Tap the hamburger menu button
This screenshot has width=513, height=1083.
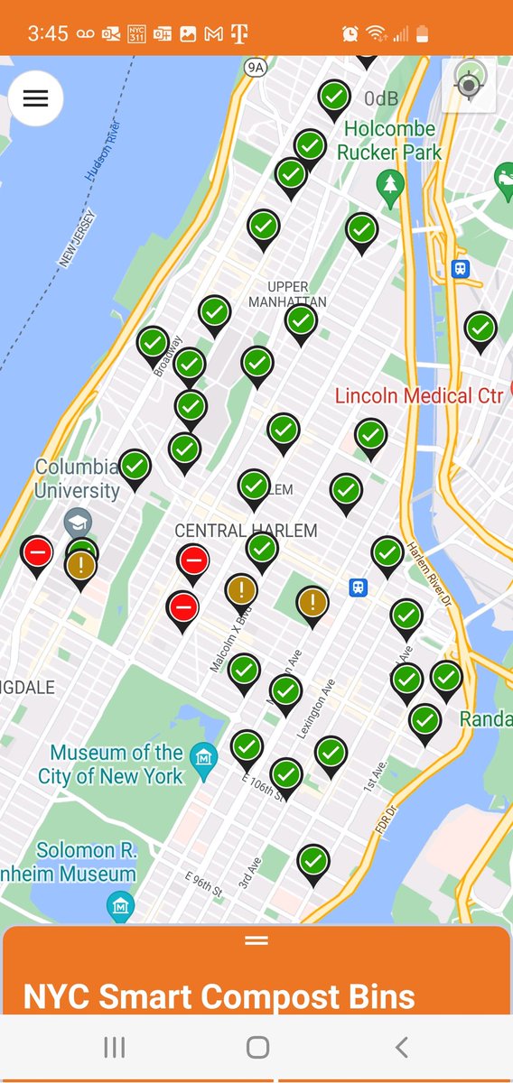pyautogui.click(x=35, y=98)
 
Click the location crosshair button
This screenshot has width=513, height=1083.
pyautogui.click(x=469, y=86)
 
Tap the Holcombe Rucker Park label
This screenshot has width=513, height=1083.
pyautogui.click(x=389, y=141)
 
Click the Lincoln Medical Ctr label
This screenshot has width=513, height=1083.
pyautogui.click(x=418, y=395)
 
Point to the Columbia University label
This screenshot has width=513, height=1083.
pyautogui.click(x=77, y=479)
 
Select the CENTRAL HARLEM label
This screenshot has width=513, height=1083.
pyautogui.click(x=246, y=531)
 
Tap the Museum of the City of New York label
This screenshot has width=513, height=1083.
pyautogui.click(x=117, y=764)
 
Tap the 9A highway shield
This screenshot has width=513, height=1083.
pyautogui.click(x=256, y=67)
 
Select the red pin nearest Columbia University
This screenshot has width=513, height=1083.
pyautogui.click(x=37, y=552)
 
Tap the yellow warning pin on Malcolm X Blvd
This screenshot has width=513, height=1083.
pyautogui.click(x=241, y=590)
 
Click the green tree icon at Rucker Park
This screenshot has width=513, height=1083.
pyautogui.click(x=390, y=185)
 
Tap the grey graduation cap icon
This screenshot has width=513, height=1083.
pyautogui.click(x=77, y=522)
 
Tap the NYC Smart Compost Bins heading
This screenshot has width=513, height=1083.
pyautogui.click(x=219, y=996)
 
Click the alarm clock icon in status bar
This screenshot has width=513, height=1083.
pyautogui.click(x=350, y=33)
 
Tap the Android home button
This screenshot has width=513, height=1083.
pyautogui.click(x=257, y=1047)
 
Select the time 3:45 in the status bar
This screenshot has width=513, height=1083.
pyautogui.click(x=48, y=33)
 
